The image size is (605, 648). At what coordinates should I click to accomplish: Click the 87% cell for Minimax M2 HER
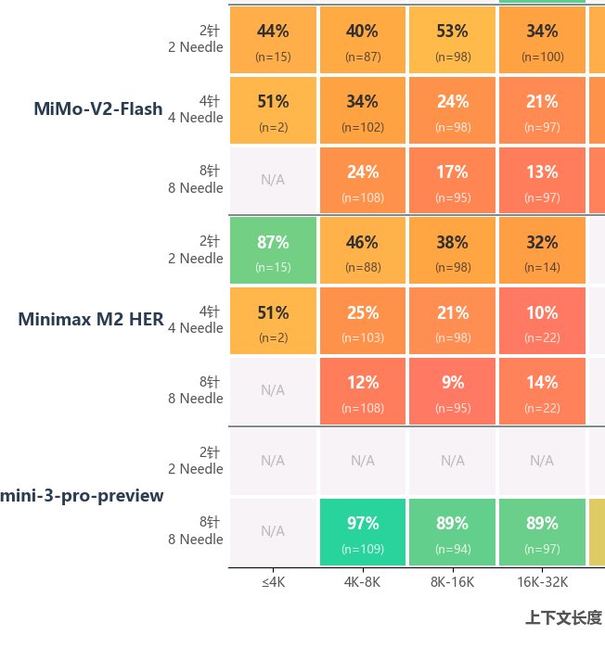coord(273,250)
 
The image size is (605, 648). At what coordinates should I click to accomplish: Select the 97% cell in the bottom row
coord(362,531)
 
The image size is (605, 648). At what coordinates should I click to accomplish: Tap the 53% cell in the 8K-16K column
coord(452,40)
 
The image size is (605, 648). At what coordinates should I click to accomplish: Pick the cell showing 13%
coord(542,180)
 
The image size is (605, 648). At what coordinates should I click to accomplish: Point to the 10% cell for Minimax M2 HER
coord(542,321)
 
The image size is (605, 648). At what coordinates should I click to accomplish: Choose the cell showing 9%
coord(452,390)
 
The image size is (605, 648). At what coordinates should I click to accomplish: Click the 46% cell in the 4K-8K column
coord(362,250)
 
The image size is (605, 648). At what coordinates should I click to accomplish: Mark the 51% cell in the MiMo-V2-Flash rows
coord(273,110)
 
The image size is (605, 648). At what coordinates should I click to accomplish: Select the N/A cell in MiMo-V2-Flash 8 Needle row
coord(273,180)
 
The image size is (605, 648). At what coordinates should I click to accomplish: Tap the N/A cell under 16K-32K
coord(542,460)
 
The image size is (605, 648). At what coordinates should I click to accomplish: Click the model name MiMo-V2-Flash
coord(98,109)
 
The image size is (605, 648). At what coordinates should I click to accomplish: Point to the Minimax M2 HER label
coord(91,320)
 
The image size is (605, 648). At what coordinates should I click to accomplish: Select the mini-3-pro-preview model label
coord(83,496)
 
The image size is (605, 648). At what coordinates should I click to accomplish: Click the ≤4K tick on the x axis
coord(273,582)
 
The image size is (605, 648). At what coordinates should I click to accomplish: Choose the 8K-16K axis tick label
coord(452,582)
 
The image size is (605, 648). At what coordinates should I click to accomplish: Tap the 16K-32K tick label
coord(542,582)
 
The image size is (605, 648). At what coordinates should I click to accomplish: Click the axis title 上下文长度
coord(563,617)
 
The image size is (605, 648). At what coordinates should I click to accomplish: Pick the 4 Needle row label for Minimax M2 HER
coord(196,320)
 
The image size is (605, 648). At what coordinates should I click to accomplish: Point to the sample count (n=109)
coord(362,549)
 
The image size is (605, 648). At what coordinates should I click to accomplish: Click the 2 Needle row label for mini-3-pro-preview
coord(196,461)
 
